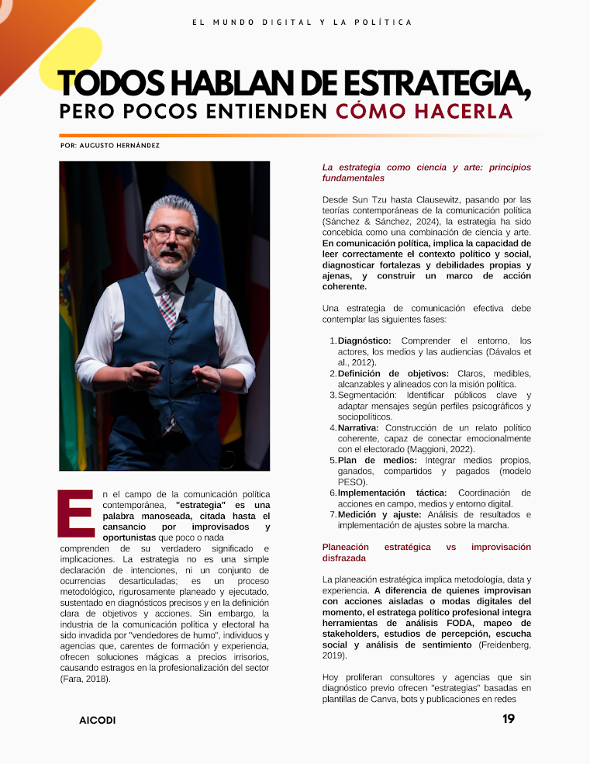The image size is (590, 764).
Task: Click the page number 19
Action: point(508,719)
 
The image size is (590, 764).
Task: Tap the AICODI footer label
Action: point(97,721)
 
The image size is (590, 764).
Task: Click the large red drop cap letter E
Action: point(75,513)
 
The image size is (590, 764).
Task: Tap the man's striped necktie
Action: point(167,305)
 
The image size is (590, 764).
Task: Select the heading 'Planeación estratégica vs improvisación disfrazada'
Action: point(426,552)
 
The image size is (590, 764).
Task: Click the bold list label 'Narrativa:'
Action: point(358,427)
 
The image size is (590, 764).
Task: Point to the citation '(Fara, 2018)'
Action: point(85,679)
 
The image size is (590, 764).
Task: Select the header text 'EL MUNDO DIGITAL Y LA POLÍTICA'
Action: point(302,22)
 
